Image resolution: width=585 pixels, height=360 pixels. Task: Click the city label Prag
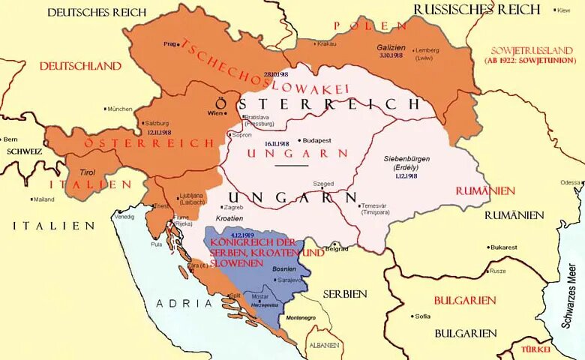point(169,43)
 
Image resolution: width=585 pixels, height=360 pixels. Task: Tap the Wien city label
point(215,113)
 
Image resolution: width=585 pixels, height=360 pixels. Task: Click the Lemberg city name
point(425,51)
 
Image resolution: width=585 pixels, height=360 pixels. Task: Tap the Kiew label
point(563,10)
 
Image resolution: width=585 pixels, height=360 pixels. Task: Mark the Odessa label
point(571,182)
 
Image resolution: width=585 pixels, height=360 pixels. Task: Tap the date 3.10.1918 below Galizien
point(391,55)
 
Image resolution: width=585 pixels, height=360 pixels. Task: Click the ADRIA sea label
point(184,303)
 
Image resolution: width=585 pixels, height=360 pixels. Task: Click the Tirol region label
point(88,172)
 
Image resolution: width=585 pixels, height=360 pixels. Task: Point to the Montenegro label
point(301,318)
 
